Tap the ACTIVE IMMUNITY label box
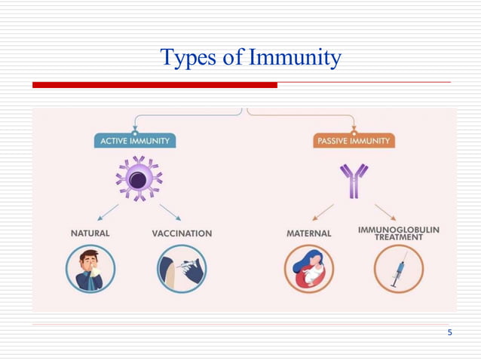135,141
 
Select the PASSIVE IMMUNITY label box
354,141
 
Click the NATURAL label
90,233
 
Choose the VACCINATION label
182,233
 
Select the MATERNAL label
308,233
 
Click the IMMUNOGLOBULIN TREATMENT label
399,233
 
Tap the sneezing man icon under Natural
90,269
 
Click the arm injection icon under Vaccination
182,269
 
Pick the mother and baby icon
308,269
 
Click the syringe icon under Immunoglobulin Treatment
399,269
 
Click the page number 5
449,333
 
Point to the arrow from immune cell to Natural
109,210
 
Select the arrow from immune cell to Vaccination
170,210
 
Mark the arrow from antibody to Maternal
323,210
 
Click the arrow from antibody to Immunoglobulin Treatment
385,210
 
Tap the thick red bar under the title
155,85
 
